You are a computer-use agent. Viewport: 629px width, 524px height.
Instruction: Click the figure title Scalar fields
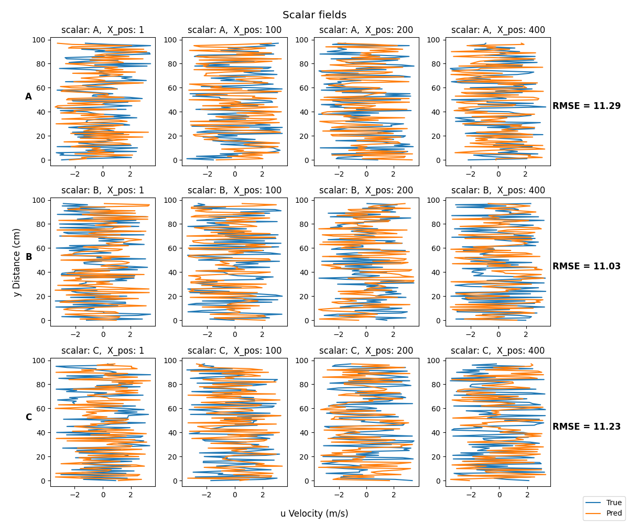pyautogui.click(x=314, y=15)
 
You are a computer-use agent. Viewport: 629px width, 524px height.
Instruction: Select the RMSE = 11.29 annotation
pyautogui.click(x=586, y=106)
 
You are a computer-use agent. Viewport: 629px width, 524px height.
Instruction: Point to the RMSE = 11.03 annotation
pyautogui.click(x=586, y=266)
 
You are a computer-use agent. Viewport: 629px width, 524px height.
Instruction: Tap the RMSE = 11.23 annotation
pyautogui.click(x=586, y=426)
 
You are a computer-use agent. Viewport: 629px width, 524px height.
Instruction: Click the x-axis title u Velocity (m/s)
pyautogui.click(x=314, y=514)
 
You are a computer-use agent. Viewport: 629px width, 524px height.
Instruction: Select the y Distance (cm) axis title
pyautogui.click(x=17, y=263)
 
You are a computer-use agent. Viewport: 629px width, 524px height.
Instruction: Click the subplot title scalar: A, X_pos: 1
pyautogui.click(x=103, y=30)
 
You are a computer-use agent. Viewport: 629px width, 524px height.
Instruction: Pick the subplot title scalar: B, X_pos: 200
pyautogui.click(x=366, y=190)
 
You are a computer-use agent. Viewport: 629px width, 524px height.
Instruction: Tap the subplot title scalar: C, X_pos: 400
pyautogui.click(x=497, y=350)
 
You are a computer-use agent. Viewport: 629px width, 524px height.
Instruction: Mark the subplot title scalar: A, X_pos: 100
pyautogui.click(x=234, y=30)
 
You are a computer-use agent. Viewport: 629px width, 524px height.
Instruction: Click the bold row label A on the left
pyautogui.click(x=28, y=96)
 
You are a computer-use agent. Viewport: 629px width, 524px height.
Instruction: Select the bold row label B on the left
pyautogui.click(x=29, y=257)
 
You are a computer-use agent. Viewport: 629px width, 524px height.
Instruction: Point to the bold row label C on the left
pyautogui.click(x=29, y=417)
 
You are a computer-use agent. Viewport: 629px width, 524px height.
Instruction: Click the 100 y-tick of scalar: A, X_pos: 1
pyautogui.click(x=39, y=40)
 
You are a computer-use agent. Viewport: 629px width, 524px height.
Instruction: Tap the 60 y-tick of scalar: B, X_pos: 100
pyautogui.click(x=172, y=248)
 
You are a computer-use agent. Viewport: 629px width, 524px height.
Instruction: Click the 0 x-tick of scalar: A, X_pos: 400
pyautogui.click(x=498, y=174)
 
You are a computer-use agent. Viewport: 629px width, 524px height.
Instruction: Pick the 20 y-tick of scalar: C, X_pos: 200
pyautogui.click(x=304, y=456)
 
